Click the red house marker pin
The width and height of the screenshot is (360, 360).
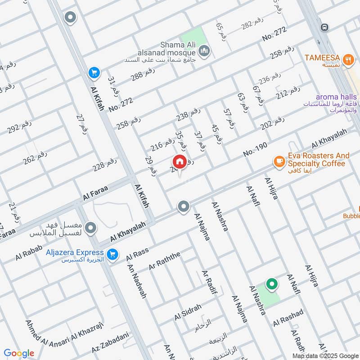[180, 162]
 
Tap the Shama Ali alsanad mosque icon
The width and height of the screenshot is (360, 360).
[205, 53]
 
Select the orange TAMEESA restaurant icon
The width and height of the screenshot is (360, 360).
[347, 58]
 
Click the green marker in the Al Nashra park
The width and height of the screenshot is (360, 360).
[271, 284]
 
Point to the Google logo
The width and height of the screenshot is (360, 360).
[19, 353]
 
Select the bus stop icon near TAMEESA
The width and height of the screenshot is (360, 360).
[324, 27]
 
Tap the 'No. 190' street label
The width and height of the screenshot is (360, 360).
[255, 149]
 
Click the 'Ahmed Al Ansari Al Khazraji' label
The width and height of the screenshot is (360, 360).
[64, 331]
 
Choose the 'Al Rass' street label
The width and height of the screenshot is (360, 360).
[137, 255]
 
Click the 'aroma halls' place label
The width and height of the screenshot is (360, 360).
[336, 97]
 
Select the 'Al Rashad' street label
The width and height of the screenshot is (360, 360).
[288, 318]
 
